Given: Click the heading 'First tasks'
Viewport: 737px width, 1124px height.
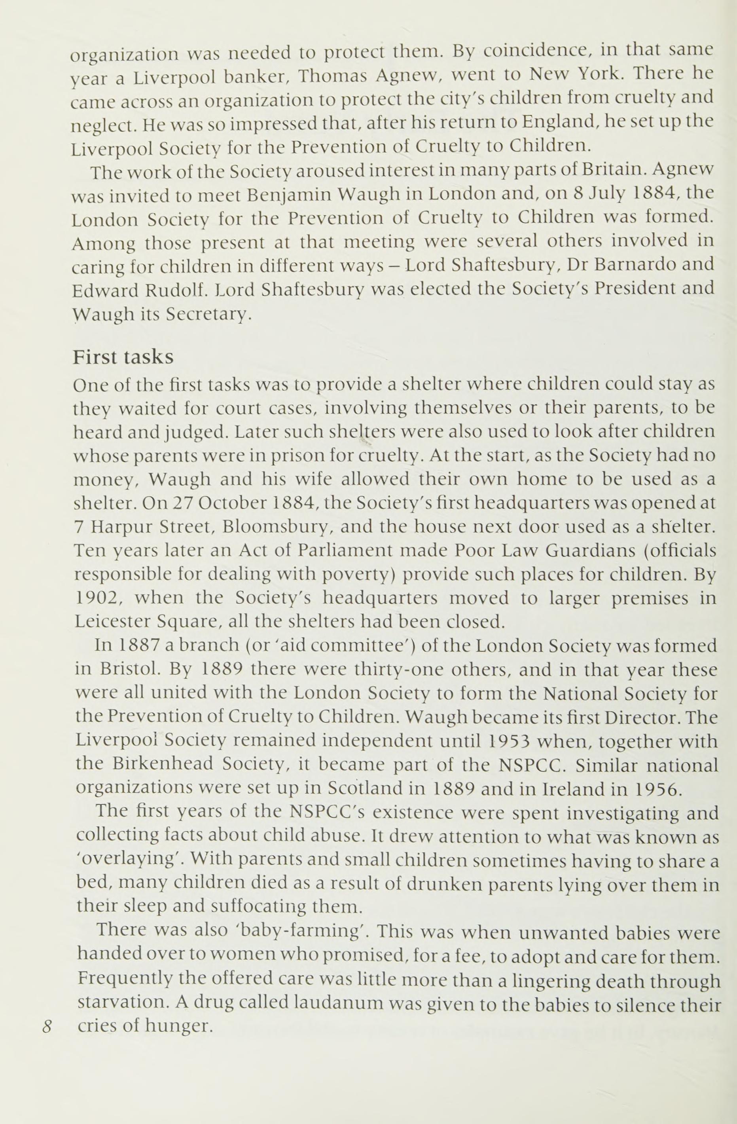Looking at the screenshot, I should [123, 357].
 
